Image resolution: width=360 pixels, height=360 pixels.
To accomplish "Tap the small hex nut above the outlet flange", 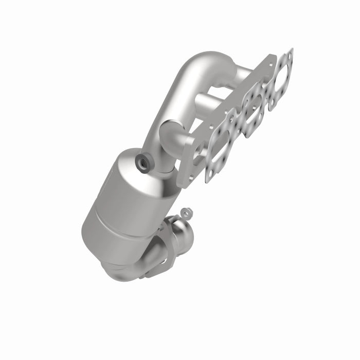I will (x=186, y=211).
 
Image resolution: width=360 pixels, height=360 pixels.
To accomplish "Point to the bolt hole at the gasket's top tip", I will (x=291, y=52).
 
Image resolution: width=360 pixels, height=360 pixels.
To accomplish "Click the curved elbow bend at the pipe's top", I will (x=198, y=64).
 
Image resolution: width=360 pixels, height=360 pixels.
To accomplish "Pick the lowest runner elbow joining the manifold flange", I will (x=172, y=136).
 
